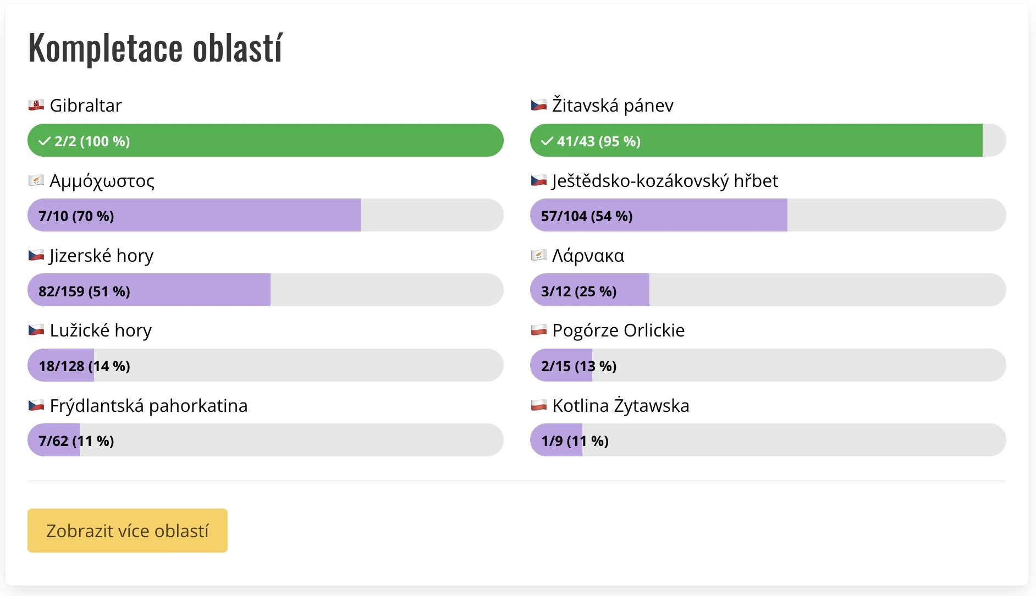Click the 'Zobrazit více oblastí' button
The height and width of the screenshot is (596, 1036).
click(128, 531)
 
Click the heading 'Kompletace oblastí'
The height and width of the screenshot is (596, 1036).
click(155, 48)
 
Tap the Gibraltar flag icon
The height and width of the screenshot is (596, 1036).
click(36, 105)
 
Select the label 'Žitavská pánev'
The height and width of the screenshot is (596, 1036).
click(613, 105)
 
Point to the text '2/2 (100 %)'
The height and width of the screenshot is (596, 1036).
click(92, 141)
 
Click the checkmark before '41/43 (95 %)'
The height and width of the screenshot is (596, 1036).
click(547, 141)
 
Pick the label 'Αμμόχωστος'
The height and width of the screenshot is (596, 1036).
click(102, 180)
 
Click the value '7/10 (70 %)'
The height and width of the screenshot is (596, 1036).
click(76, 216)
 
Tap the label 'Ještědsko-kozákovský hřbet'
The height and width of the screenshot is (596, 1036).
click(665, 180)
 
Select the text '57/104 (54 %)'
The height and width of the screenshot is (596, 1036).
click(587, 216)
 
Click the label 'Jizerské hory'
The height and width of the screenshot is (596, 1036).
click(101, 256)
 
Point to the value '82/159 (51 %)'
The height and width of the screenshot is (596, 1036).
click(84, 291)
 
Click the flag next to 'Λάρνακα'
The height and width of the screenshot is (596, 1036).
click(539, 255)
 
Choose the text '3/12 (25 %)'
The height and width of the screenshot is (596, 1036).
click(578, 291)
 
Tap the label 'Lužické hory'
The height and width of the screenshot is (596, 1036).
click(101, 330)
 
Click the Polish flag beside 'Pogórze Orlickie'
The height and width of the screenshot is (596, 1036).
click(539, 330)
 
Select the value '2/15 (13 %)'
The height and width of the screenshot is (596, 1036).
click(578, 366)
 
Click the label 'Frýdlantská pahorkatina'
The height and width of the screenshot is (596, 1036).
click(148, 406)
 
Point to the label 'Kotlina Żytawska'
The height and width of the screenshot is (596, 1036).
click(620, 405)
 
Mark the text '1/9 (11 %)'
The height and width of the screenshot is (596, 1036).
click(575, 441)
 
